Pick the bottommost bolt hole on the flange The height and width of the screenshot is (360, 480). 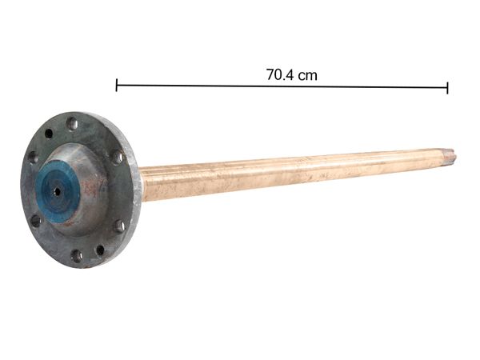(x=77, y=256)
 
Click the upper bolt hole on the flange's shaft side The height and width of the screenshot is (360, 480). (x=117, y=157)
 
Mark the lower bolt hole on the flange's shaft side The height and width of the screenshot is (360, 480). (x=119, y=226)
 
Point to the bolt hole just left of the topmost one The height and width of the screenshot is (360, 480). (x=49, y=134)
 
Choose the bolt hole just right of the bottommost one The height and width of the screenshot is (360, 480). (x=100, y=250)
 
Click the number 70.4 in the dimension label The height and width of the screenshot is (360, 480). (x=280, y=75)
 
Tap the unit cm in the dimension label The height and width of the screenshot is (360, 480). (x=308, y=75)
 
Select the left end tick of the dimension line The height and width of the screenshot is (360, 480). (x=117, y=85)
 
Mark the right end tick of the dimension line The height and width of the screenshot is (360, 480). (x=447, y=87)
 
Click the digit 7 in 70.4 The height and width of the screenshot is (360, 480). (x=270, y=75)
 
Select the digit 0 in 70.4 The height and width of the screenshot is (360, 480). (x=278, y=75)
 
